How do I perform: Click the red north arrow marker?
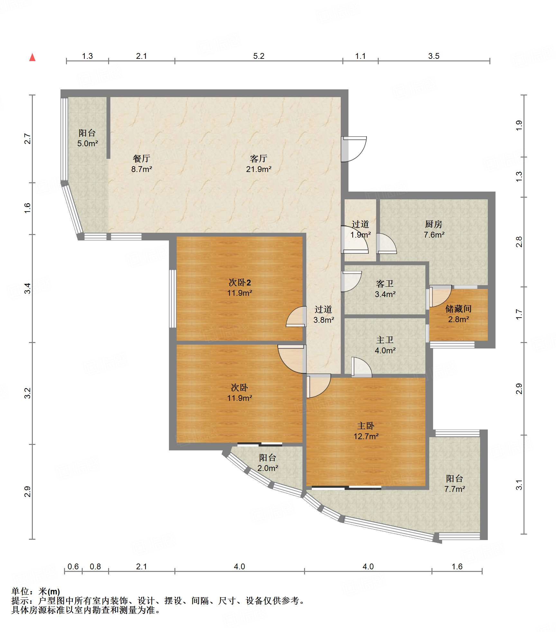tap(32, 57)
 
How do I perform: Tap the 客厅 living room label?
tap(258, 158)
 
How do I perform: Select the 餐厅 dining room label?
tap(141, 158)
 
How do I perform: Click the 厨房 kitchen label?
tap(434, 224)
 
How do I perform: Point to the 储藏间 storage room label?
tap(459, 309)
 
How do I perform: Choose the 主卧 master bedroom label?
tap(366, 426)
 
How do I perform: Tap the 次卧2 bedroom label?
tap(240, 283)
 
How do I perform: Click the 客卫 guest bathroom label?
tap(385, 284)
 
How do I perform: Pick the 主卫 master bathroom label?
tap(385, 340)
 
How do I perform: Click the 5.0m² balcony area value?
tap(88, 143)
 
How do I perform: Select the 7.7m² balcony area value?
tap(455, 489)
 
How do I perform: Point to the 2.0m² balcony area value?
tap(268, 468)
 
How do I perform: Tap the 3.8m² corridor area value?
tap(324, 320)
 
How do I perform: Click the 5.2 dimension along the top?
tap(259, 56)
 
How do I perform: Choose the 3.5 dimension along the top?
tap(434, 56)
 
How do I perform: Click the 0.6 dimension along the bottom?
tap(73, 566)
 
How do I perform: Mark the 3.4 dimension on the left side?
tap(28, 288)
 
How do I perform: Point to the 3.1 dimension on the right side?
tap(519, 485)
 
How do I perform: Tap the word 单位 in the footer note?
tap(20, 591)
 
